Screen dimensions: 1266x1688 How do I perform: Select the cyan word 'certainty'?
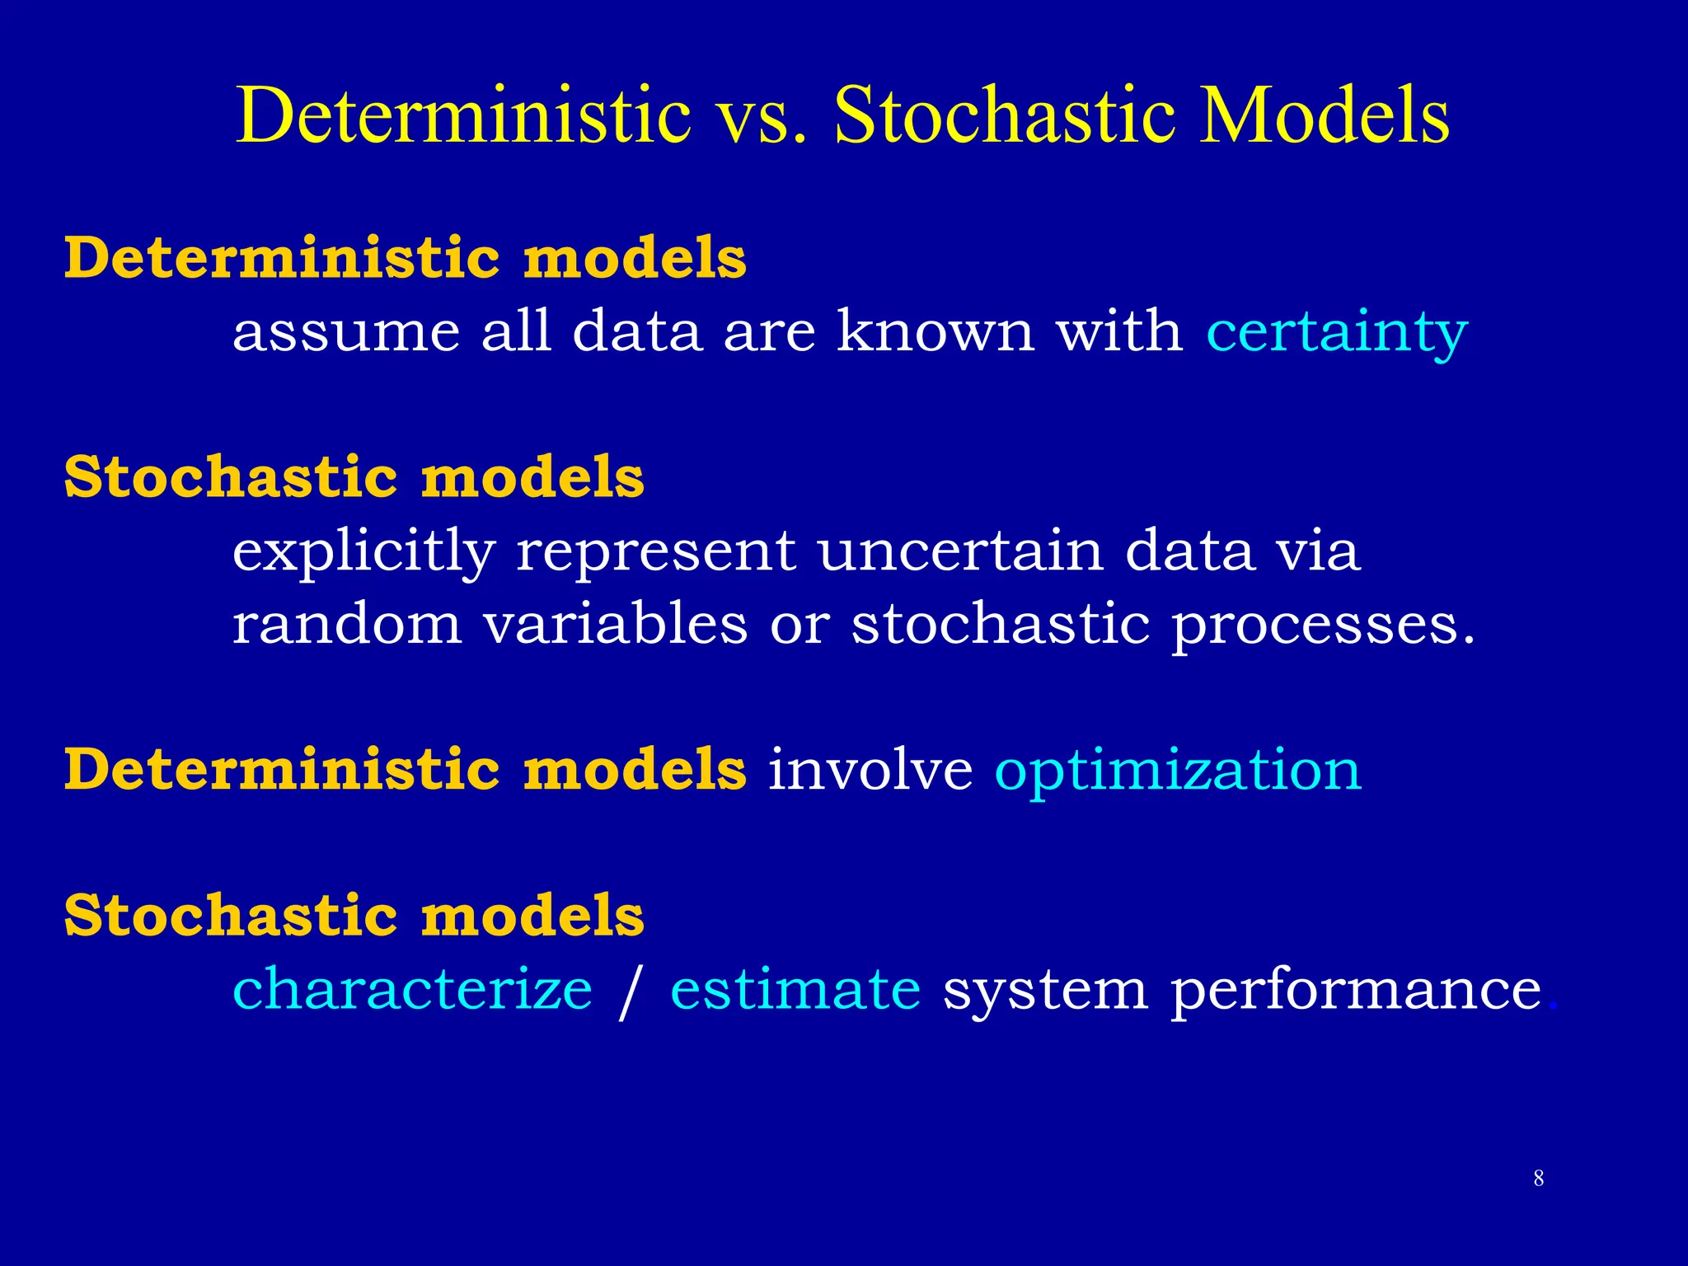pos(1336,332)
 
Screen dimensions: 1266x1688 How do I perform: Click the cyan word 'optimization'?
pos(1178,771)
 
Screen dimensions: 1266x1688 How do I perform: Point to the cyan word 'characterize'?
pos(412,989)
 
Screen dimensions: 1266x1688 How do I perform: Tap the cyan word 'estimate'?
pos(795,989)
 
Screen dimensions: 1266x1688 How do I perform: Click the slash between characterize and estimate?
pos(630,992)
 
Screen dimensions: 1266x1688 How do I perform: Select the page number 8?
pos(1538,1179)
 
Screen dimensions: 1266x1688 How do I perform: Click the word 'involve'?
pos(870,770)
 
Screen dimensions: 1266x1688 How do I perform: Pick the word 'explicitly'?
pos(363,552)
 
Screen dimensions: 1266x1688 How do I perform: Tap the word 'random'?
pos(346,624)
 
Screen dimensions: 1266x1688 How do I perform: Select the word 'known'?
pos(935,331)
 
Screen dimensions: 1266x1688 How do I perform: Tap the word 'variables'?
pos(615,624)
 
